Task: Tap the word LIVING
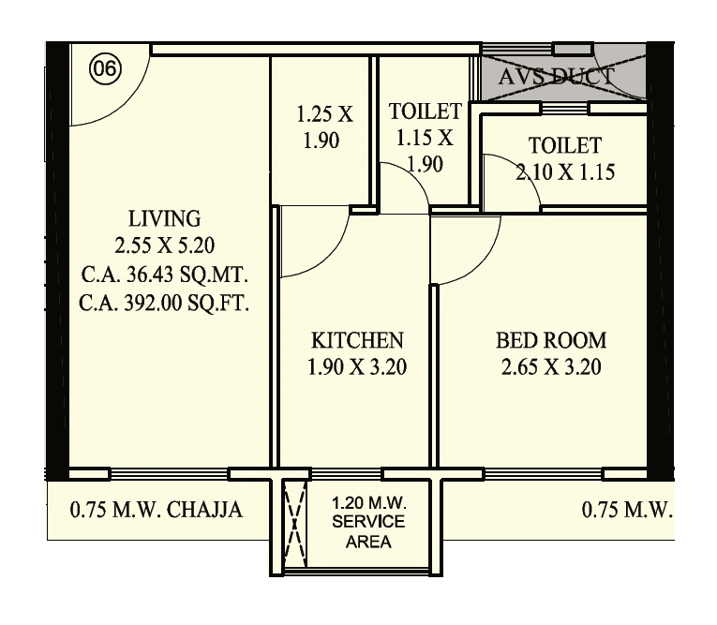[165, 219]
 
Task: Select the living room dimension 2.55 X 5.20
[165, 247]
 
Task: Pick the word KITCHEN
[357, 340]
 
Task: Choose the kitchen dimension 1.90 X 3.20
[357, 367]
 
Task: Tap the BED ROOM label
[551, 340]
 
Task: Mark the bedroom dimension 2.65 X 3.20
[551, 367]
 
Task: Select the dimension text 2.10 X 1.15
[564, 172]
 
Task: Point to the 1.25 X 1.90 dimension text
[324, 128]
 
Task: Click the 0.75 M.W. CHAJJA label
[157, 511]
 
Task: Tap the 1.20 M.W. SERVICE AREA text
[368, 523]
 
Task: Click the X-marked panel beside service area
[295, 520]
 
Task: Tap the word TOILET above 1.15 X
[426, 113]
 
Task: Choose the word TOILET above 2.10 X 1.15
[564, 146]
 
